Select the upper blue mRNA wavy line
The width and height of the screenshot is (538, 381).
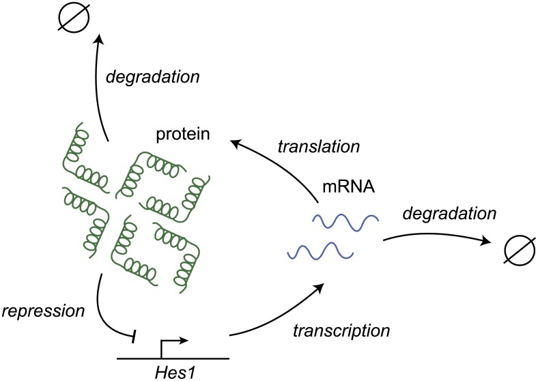click(345, 223)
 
